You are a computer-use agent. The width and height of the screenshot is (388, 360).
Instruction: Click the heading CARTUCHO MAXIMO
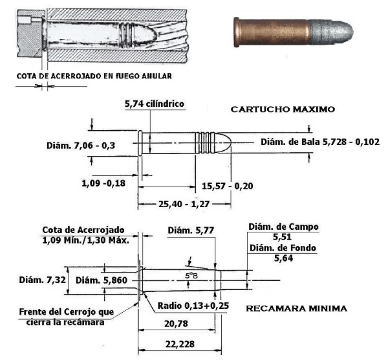pos(283,110)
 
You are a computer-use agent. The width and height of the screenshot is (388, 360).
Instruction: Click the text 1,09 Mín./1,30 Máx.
pos(87,240)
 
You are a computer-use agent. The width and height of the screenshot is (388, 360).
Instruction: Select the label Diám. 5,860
pos(99,280)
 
